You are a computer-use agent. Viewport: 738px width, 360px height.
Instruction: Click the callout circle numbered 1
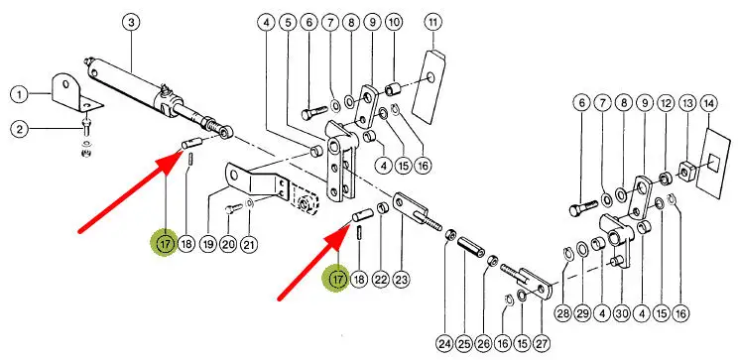[x=19, y=95]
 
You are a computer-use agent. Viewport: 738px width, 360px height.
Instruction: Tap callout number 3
[x=131, y=23]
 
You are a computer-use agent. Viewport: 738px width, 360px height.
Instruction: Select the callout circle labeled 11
[x=433, y=22]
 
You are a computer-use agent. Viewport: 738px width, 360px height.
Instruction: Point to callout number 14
[x=709, y=102]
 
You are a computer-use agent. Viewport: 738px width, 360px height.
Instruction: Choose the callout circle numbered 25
[x=464, y=344]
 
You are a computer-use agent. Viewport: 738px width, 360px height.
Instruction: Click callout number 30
[x=622, y=313]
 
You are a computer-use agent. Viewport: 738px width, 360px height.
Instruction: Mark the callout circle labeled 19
[x=207, y=244]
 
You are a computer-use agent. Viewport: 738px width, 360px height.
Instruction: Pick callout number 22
[x=380, y=280]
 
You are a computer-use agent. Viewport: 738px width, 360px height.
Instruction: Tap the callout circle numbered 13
[x=687, y=102]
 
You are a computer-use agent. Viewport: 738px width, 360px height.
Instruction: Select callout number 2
[x=19, y=129]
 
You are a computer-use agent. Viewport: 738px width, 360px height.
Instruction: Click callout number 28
[x=562, y=313]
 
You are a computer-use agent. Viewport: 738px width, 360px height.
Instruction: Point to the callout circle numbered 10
[x=394, y=22]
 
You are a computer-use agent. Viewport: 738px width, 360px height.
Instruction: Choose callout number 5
[x=287, y=22]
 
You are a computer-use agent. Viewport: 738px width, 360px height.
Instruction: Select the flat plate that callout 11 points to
[x=429, y=87]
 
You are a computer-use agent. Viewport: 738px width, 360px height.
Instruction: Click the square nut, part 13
[x=685, y=172]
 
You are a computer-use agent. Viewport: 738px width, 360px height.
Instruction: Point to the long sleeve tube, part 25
[x=470, y=246]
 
